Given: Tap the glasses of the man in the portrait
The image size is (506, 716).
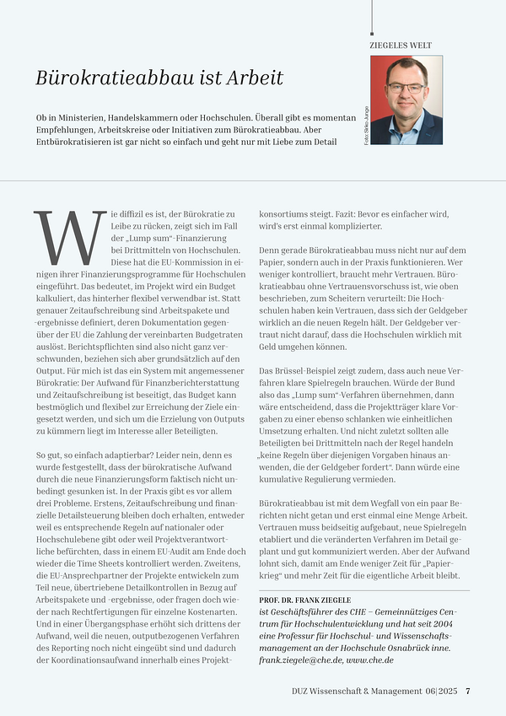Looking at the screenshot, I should point(406,87).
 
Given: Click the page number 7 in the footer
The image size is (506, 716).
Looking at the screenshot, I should point(468,692).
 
